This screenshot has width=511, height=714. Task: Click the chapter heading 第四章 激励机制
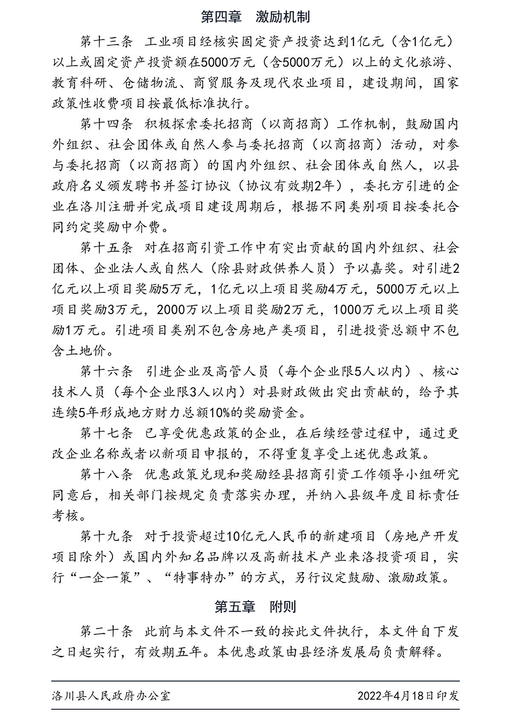pos(255,17)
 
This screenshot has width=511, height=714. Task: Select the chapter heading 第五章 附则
pos(255,606)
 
